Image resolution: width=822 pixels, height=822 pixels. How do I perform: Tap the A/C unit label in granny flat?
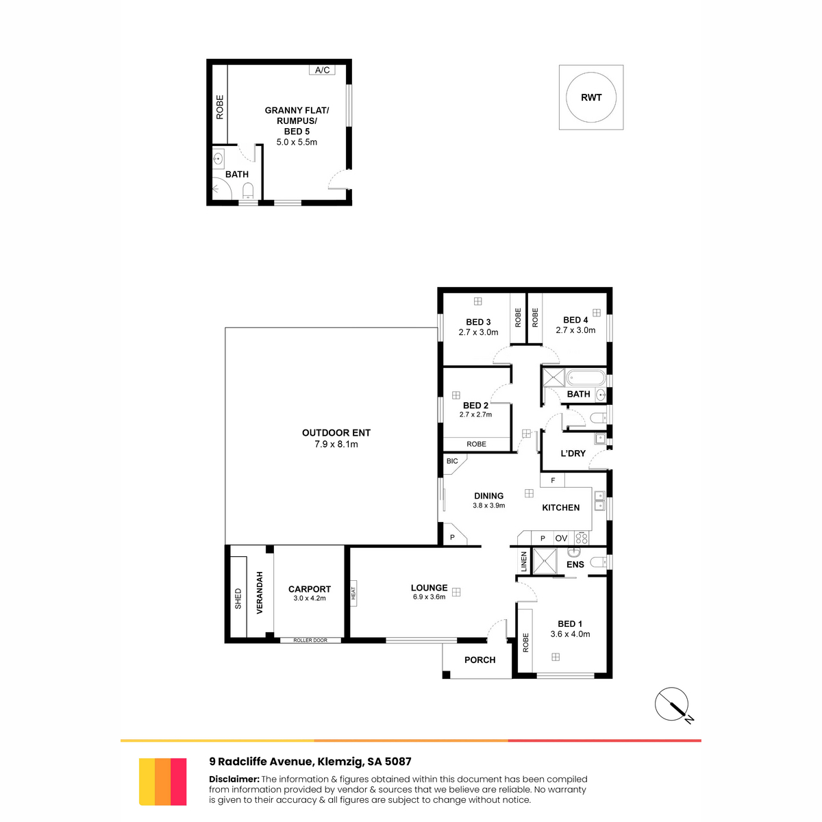(x=322, y=70)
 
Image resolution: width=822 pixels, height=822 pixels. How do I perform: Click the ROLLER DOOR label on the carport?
(x=310, y=640)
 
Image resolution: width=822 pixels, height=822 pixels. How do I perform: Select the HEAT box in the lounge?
(x=353, y=593)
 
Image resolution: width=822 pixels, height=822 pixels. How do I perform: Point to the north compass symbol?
(x=673, y=705)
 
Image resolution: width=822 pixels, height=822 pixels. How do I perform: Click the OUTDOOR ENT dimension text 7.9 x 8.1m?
(x=336, y=444)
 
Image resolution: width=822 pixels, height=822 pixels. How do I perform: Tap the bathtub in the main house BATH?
(x=585, y=378)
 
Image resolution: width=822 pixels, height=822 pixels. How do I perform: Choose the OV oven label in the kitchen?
(x=561, y=538)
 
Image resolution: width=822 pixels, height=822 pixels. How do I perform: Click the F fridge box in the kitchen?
(x=552, y=480)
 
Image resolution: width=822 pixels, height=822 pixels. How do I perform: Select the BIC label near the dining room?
(x=452, y=461)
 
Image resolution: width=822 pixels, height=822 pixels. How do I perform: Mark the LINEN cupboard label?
(x=524, y=562)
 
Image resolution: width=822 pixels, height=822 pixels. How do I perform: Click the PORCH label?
(x=480, y=660)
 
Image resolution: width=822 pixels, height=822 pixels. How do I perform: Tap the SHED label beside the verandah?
(x=238, y=599)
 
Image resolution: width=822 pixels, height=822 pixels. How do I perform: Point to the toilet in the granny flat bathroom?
(x=248, y=190)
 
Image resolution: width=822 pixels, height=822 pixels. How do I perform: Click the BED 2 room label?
(x=475, y=406)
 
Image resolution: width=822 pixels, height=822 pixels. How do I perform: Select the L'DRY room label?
(x=573, y=453)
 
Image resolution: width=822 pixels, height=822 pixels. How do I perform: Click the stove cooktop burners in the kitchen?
(x=581, y=538)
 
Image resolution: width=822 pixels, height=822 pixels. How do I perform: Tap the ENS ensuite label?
(x=575, y=564)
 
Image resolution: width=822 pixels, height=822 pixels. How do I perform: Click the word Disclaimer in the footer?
(x=234, y=780)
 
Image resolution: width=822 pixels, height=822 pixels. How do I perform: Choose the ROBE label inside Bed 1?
(x=525, y=643)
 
